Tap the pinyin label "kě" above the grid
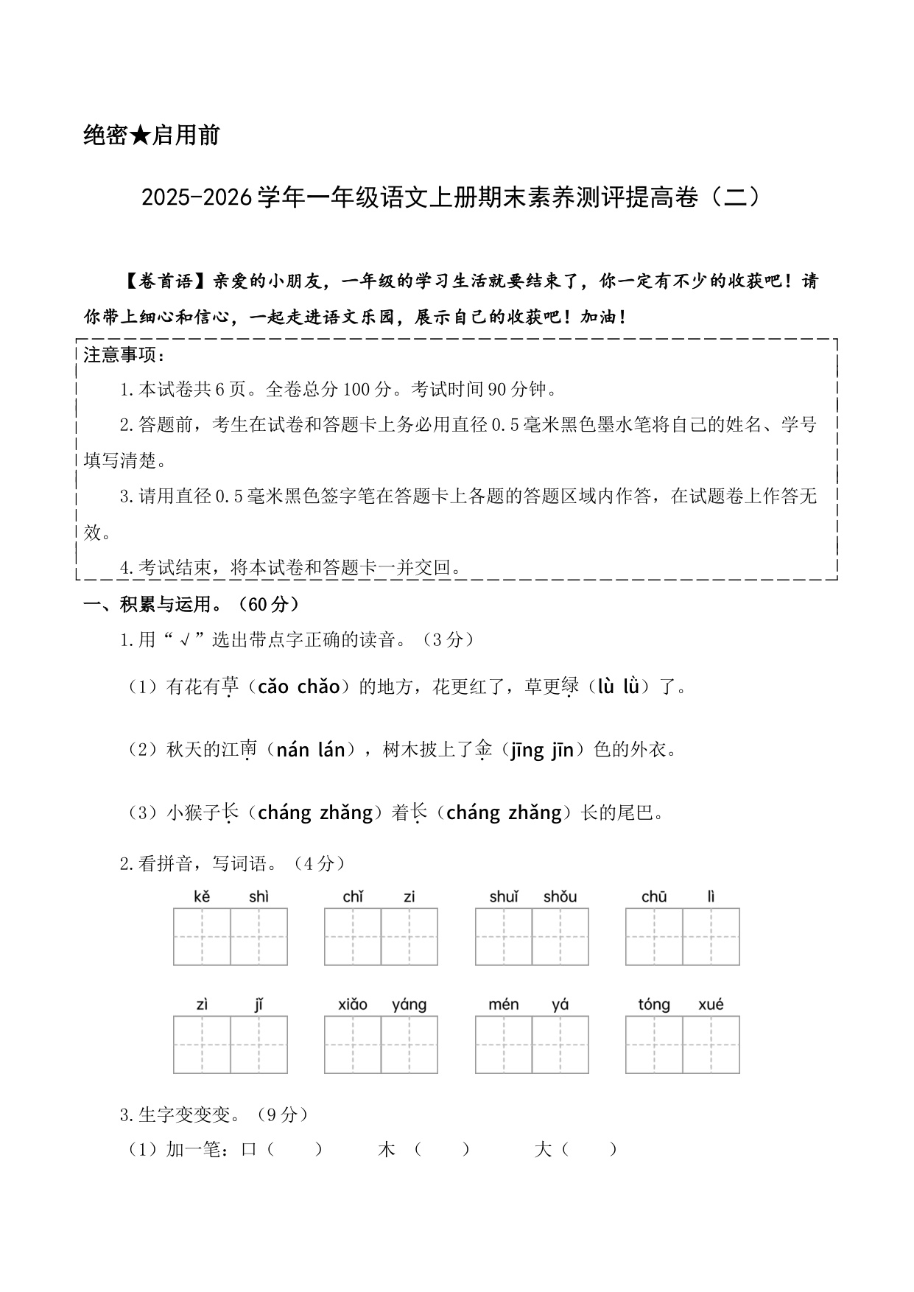pos(202,896)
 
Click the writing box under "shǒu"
pos(560,937)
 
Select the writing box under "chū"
pos(654,937)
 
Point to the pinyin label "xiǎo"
pos(353,1005)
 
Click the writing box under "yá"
pos(560,1045)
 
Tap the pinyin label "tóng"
pos(654,1005)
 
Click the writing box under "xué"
pos(711,1045)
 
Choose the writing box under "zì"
pos(203,1045)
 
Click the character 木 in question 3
pos(386,1149)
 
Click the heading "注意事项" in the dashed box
pos(120,355)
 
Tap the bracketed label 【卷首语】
pos(166,281)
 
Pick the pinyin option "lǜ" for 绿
pos(630,687)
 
